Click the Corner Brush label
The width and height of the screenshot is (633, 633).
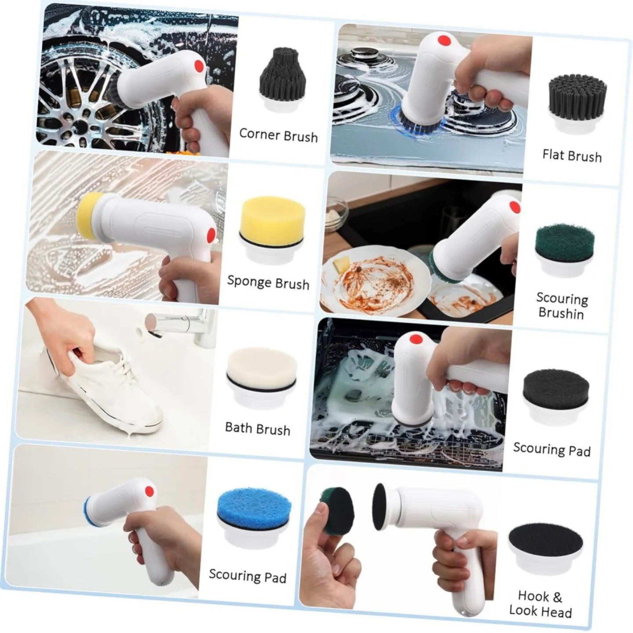278,135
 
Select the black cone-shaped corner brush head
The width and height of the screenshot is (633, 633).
280,77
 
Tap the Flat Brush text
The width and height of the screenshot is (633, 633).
571,156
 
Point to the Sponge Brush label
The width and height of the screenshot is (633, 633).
268,282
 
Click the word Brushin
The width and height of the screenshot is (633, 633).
561,313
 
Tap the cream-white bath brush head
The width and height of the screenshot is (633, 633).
262,367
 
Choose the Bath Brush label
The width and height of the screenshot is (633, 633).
258,429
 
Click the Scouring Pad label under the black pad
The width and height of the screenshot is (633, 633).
552,449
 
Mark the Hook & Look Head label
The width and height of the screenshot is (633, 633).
541,604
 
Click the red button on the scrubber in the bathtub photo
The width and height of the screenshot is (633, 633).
149,491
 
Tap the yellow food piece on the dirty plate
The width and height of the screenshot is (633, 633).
342,265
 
